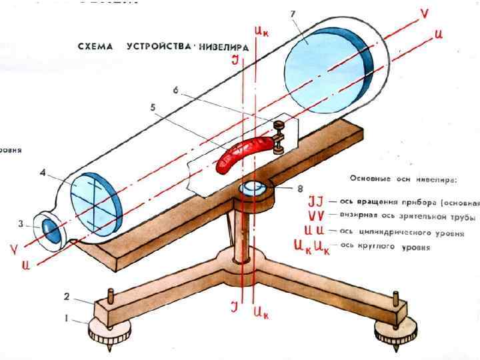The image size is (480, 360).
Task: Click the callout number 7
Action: coord(293,14)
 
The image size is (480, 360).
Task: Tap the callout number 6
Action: coord(175,90)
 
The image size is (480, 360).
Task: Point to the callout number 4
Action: coord(43,173)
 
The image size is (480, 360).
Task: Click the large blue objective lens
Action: coord(327,59)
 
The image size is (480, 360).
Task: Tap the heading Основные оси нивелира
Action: coord(404,179)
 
